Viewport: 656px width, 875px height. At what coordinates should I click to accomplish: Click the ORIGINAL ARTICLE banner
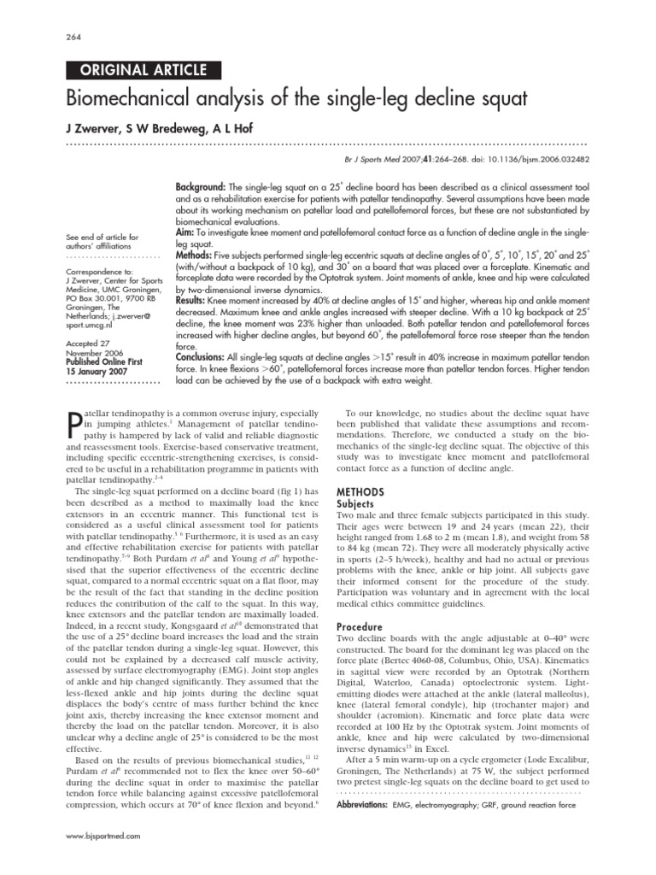(143, 71)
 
